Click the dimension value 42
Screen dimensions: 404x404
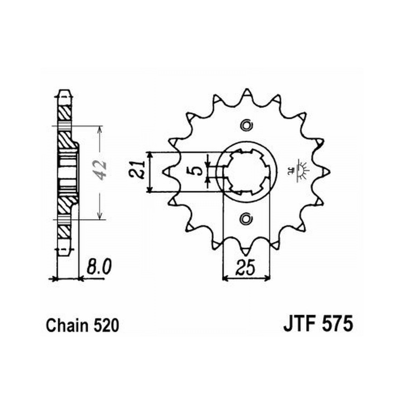(x=100, y=170)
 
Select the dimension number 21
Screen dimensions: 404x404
(x=137, y=170)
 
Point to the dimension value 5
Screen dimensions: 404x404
(x=198, y=170)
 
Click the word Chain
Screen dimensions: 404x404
(x=67, y=325)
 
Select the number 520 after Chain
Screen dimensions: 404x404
(x=106, y=326)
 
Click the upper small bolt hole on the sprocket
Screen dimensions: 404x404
(x=246, y=126)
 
